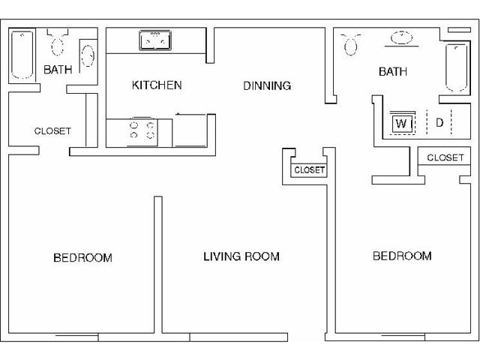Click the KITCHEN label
(x=157, y=85)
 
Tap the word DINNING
(x=267, y=85)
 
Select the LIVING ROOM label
(x=241, y=256)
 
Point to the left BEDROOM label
(x=82, y=258)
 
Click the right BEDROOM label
(x=402, y=256)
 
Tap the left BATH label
(x=58, y=70)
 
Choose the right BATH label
(x=393, y=72)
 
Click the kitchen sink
(x=155, y=40)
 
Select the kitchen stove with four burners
(x=142, y=132)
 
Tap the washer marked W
(x=402, y=123)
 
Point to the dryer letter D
(x=439, y=123)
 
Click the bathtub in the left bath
(x=22, y=55)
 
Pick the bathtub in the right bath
(x=456, y=68)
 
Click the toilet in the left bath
(x=57, y=42)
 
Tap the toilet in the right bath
(x=351, y=44)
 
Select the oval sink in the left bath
(x=88, y=56)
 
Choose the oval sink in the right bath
(x=402, y=38)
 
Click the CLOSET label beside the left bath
(x=52, y=131)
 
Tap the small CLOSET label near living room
(x=309, y=170)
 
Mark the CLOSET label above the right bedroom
(x=445, y=157)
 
